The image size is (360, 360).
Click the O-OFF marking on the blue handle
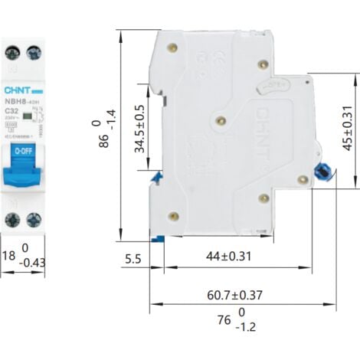pyautogui.click(x=23, y=152)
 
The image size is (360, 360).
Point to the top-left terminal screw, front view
pyautogui.click(x=11, y=53)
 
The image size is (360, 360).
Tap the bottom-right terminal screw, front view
pyautogui.click(x=34, y=220)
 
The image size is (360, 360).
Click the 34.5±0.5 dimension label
pyautogui.click(x=139, y=129)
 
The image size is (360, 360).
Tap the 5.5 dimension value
pyautogui.click(x=133, y=259)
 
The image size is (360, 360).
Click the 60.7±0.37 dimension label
pyautogui.click(x=234, y=294)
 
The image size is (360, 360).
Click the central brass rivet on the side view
pyautogui.click(x=221, y=120)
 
